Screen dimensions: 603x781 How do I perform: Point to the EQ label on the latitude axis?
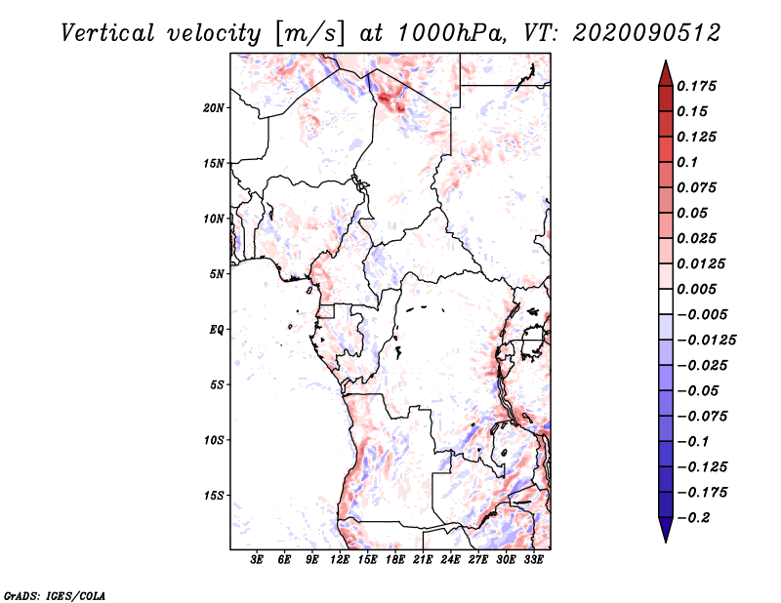(x=217, y=330)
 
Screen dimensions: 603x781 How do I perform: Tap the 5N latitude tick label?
(x=217, y=274)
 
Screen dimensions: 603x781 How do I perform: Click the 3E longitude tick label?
(x=258, y=560)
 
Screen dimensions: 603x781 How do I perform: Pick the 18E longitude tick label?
(x=395, y=560)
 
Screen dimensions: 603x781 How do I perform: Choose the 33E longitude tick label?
(x=533, y=560)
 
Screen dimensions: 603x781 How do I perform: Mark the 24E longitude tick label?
(x=450, y=560)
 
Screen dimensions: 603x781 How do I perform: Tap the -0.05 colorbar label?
(x=702, y=390)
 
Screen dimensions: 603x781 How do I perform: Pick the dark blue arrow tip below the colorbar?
(x=665, y=533)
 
